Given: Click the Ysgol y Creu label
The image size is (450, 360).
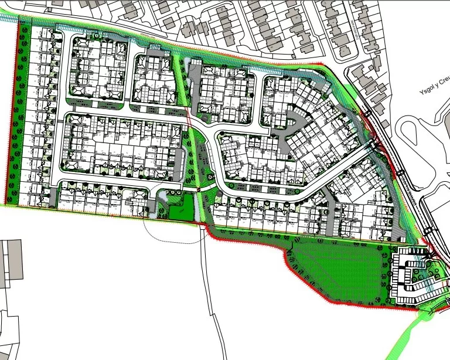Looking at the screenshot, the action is click(x=431, y=92).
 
